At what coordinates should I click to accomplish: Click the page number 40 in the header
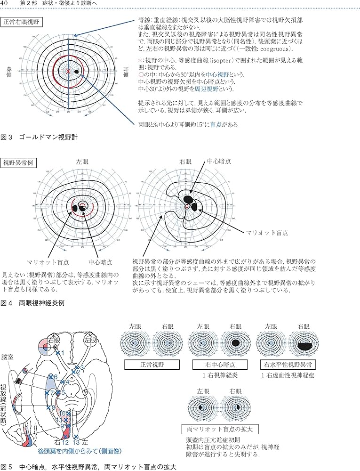pos(6,4)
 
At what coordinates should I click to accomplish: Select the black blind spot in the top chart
pos(77,72)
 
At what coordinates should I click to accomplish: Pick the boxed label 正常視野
pos(146,365)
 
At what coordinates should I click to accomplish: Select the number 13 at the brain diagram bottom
pos(76,442)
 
